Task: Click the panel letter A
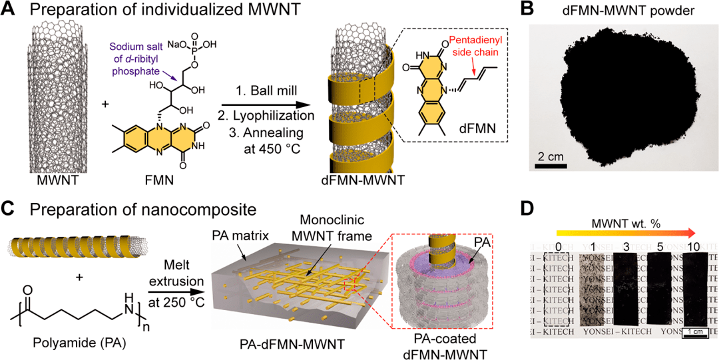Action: click(x=9, y=11)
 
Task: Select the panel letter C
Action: click(x=9, y=210)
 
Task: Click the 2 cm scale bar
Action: click(x=554, y=164)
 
